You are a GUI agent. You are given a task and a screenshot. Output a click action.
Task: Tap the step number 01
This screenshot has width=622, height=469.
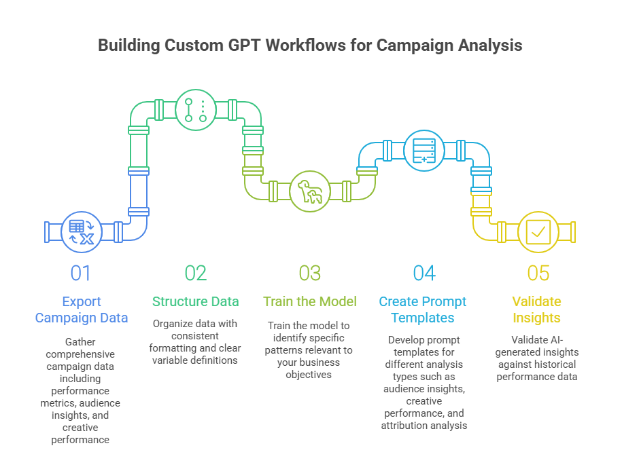pos(80,273)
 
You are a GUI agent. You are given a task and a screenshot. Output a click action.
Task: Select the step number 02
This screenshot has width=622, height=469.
pos(195,273)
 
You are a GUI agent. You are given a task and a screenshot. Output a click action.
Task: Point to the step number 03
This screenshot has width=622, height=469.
pos(309,273)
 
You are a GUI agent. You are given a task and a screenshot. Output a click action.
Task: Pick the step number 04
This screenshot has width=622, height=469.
pos(424,273)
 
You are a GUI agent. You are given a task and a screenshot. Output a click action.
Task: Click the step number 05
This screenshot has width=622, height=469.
pos(538,273)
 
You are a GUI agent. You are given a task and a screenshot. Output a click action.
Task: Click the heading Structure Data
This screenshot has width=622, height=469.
pos(195,301)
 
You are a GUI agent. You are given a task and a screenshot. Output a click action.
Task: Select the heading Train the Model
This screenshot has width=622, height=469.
pos(309,301)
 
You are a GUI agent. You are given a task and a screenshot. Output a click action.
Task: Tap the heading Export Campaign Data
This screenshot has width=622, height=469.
pos(81,309)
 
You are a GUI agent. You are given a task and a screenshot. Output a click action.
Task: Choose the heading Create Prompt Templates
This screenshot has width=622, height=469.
pos(424,309)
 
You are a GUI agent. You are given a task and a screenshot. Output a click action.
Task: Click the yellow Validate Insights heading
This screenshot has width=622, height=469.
pos(538,309)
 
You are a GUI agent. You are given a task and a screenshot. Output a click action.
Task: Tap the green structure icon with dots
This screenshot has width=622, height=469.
pos(196,109)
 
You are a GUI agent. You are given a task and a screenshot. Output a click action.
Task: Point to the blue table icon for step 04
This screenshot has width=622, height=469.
pos(424,149)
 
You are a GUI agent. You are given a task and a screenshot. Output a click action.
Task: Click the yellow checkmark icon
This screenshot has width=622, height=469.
pos(538,231)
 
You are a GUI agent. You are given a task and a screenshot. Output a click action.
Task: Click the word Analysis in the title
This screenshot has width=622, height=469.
pos(487,45)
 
